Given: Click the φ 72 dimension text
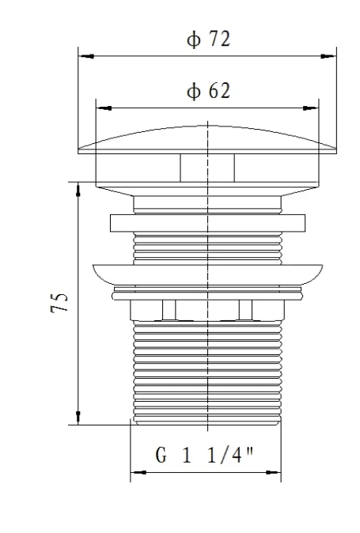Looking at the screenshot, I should tap(209, 40).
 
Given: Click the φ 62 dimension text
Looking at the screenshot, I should tap(209, 92).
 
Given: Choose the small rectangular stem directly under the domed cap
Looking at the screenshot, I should tap(207, 168).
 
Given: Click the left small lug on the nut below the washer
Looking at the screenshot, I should tap(168, 308).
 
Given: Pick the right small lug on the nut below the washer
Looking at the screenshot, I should tap(245, 308).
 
